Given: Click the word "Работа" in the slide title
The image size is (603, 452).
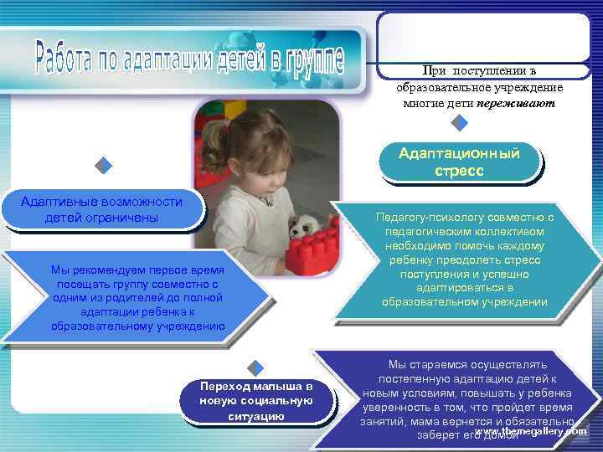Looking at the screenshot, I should pos(72,56).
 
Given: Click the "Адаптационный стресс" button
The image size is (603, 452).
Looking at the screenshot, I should pos(459,162).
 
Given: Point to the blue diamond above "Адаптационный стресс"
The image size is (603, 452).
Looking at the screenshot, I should pos(459,124).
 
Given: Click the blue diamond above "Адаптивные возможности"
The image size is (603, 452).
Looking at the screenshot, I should pos(103,166).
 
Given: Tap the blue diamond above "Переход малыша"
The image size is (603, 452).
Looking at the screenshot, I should pos(257,366).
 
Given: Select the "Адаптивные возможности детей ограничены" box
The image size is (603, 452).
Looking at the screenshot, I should pos(101,210).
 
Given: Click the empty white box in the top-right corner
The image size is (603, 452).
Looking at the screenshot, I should pos(482,38).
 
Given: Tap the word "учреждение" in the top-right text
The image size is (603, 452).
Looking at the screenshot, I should pos(532,88).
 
